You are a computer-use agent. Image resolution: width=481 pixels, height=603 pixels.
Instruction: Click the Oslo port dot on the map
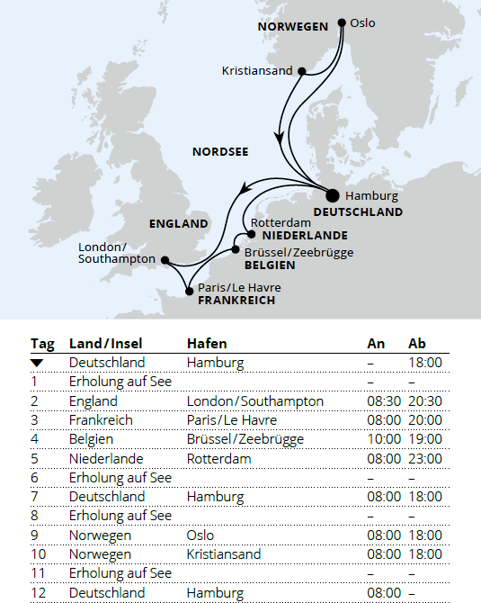click(x=342, y=22)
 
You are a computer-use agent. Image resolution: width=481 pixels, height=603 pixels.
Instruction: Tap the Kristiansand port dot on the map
click(x=302, y=70)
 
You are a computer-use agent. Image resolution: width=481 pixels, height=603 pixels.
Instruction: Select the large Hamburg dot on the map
click(x=333, y=194)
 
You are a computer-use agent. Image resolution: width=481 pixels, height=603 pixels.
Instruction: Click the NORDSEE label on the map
click(x=220, y=152)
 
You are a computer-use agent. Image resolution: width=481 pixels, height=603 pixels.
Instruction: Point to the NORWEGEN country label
click(x=293, y=27)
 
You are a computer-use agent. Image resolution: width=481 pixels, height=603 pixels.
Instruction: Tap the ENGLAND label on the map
click(x=178, y=224)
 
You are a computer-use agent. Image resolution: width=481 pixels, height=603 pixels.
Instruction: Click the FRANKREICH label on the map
click(x=236, y=301)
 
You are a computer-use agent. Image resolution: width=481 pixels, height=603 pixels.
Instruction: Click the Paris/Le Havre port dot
click(x=189, y=291)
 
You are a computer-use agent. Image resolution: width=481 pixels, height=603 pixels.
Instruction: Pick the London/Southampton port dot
click(x=165, y=259)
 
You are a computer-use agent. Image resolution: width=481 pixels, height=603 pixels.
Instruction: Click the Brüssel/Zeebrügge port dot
click(x=236, y=248)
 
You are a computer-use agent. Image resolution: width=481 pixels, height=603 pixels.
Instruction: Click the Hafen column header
click(x=207, y=344)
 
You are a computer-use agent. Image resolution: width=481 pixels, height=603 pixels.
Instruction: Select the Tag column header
click(x=42, y=344)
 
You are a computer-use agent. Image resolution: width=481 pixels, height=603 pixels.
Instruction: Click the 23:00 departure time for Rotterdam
click(x=425, y=459)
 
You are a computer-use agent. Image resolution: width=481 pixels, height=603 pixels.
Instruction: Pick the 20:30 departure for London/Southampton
click(x=425, y=401)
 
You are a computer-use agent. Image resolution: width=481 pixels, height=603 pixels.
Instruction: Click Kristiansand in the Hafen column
click(x=226, y=554)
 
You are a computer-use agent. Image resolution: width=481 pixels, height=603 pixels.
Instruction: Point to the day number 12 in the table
click(x=38, y=594)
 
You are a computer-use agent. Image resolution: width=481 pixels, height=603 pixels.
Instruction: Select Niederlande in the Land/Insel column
click(x=107, y=459)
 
